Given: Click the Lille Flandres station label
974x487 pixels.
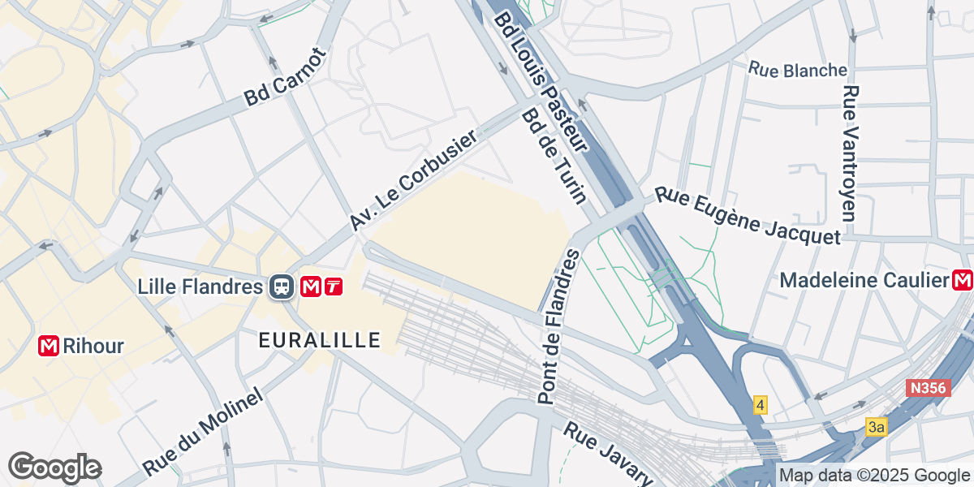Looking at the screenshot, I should coord(200,287).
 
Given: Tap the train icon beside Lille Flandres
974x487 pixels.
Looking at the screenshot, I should coord(282,287).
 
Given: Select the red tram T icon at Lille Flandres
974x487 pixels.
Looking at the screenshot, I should coord(333,287).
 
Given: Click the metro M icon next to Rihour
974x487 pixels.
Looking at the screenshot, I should coord(50,347).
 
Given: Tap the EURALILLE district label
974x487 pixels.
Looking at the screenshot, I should coord(320,340).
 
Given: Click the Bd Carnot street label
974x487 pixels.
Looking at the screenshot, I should coord(285,77).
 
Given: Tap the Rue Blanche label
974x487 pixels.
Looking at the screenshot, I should coord(798,71).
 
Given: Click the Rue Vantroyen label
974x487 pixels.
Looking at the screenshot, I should coord(850,153).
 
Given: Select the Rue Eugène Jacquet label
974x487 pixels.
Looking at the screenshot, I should coord(748,215).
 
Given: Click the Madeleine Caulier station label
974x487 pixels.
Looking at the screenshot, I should coord(864,281).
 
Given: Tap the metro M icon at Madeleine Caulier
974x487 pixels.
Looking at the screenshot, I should coord(963,281).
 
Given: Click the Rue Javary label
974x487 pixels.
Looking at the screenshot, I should coord(609,453).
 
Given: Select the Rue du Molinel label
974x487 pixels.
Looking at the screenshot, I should coord(205,432).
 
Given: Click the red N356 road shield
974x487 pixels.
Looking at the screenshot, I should coord(926,389).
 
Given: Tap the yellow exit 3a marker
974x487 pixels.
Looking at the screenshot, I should coord(875,427).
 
